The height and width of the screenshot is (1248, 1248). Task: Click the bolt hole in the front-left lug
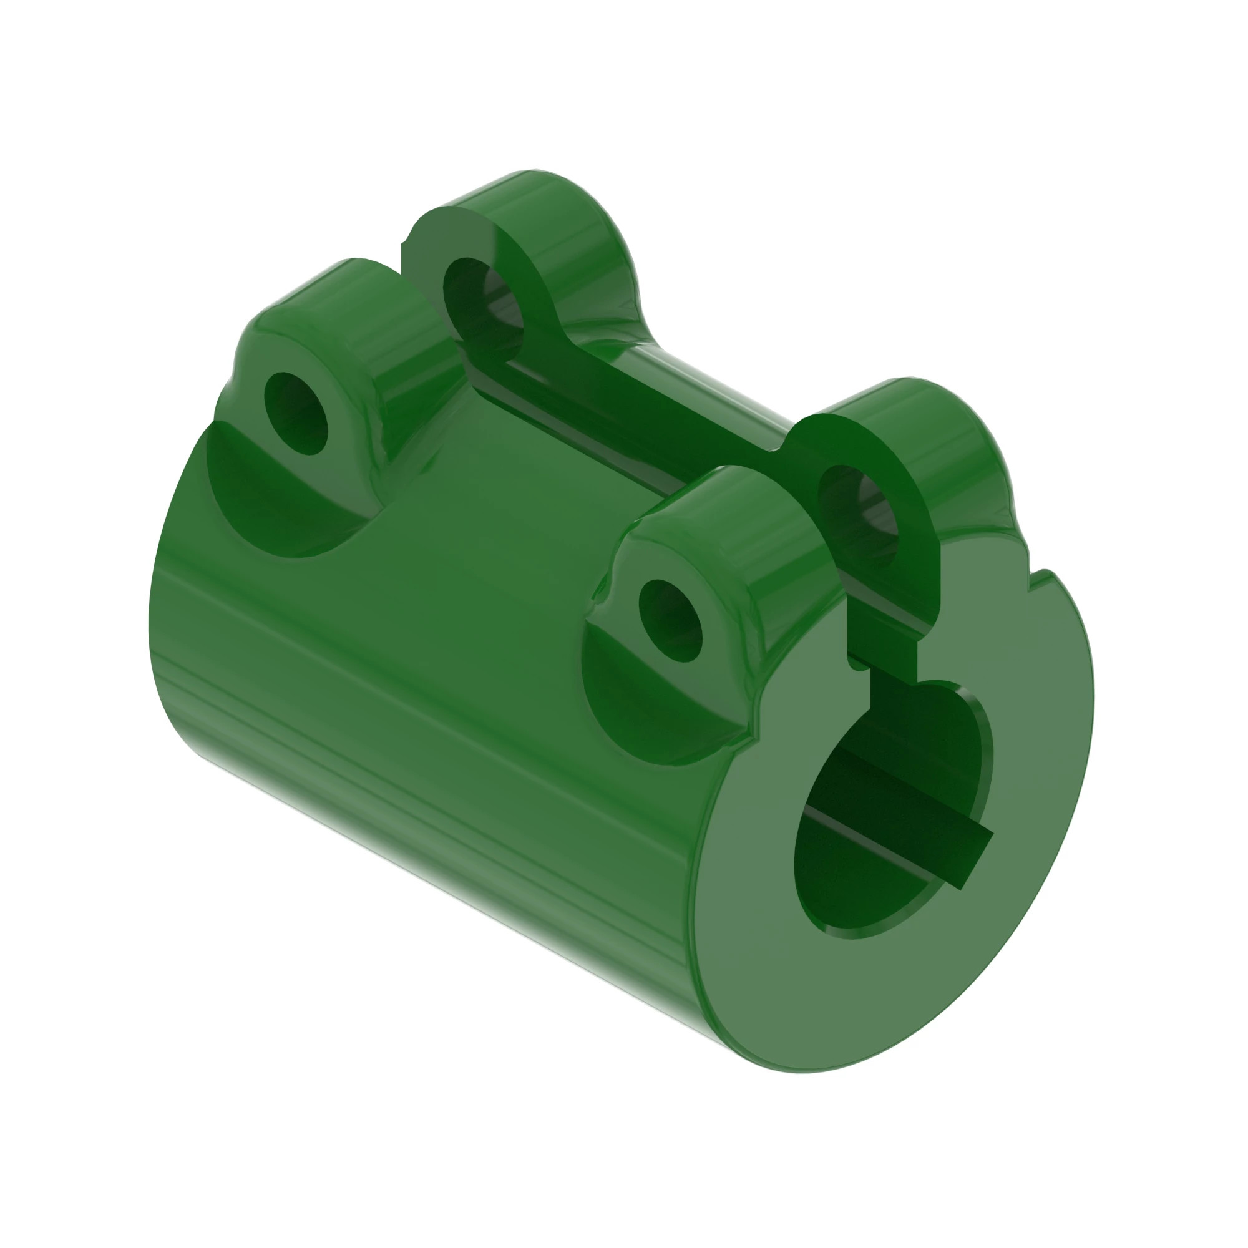click(670, 620)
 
